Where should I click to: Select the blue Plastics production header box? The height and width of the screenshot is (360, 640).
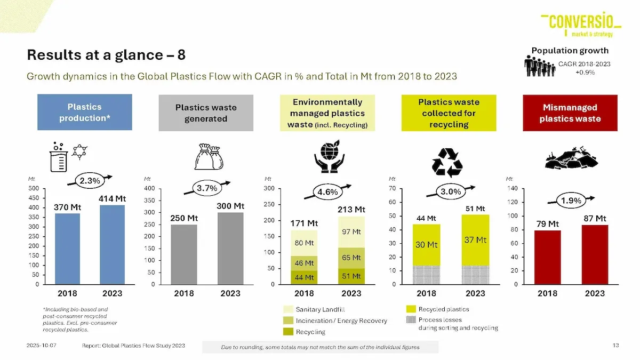click(85, 113)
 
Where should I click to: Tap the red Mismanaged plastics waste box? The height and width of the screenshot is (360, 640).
click(570, 113)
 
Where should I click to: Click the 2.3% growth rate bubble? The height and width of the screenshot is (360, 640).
click(90, 181)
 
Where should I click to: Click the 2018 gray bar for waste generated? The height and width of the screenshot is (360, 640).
click(184, 254)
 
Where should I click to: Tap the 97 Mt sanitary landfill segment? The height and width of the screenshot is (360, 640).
click(351, 232)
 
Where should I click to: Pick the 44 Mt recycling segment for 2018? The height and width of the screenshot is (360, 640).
click(304, 277)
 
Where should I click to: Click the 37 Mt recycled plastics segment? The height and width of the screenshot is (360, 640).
click(475, 240)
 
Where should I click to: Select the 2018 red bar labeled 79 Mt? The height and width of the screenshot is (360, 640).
click(547, 257)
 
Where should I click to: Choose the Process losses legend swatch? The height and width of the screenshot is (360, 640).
click(411, 320)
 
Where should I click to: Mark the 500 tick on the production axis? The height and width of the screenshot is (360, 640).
click(34, 188)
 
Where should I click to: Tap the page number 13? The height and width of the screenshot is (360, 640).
click(615, 346)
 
